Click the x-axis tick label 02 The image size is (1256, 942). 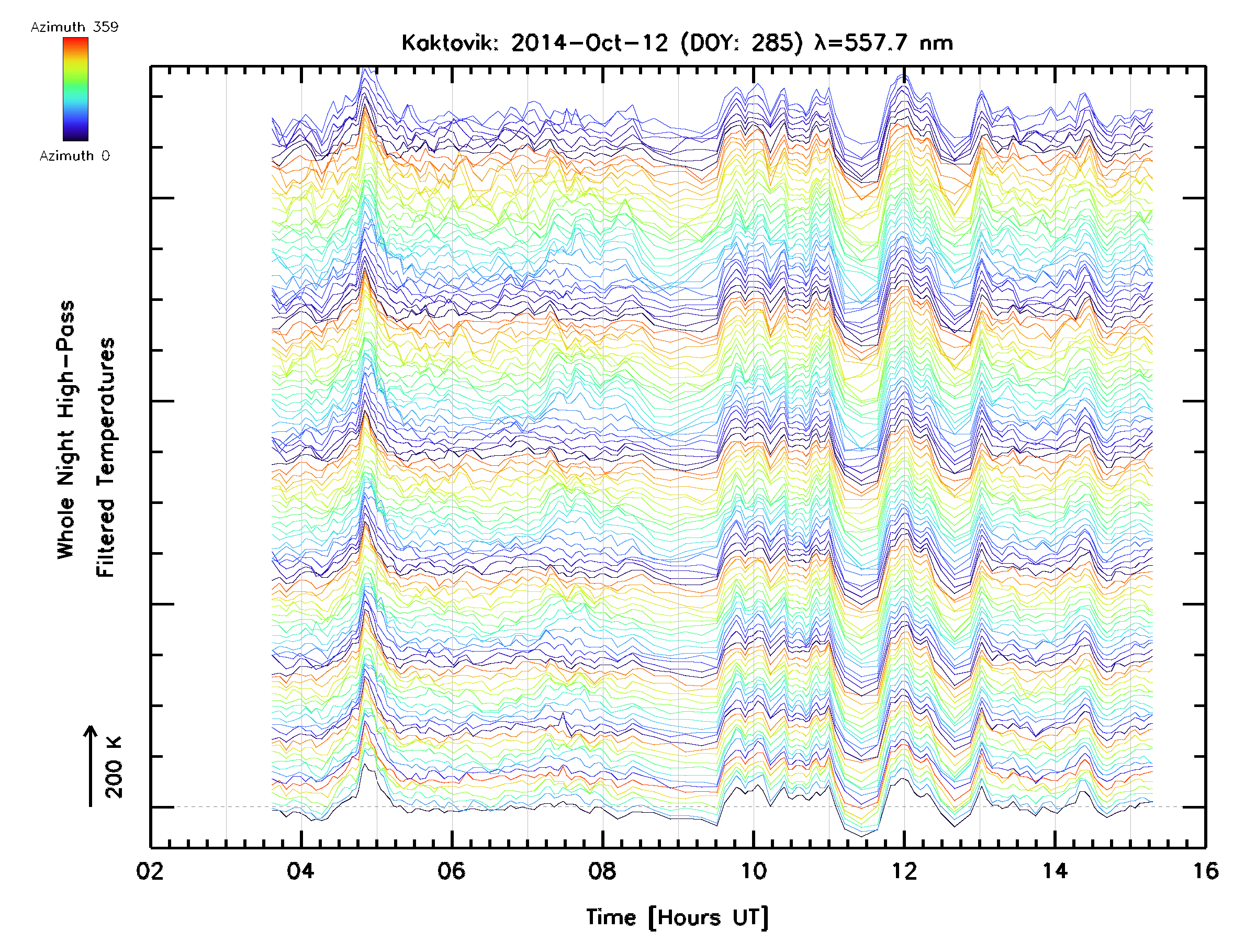[x=150, y=870]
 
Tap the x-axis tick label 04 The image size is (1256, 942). [x=300, y=870]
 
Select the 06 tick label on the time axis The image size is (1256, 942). [x=452, y=870]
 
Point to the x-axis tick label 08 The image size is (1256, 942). [x=602, y=870]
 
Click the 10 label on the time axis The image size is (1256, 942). [x=753, y=870]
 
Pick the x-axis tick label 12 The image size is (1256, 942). [x=904, y=870]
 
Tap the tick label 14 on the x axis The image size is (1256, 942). [x=1055, y=870]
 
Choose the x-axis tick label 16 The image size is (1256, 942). [x=1205, y=870]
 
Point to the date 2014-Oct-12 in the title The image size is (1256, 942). [x=590, y=43]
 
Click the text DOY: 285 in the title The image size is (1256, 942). [x=742, y=43]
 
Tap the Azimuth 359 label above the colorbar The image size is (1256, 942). [x=74, y=27]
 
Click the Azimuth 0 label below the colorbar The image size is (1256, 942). [x=74, y=155]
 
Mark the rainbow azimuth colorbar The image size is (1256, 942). [x=75, y=89]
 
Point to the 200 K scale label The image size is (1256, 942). [x=114, y=767]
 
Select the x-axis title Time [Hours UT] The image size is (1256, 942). [x=677, y=917]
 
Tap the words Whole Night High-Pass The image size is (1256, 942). [x=66, y=430]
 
